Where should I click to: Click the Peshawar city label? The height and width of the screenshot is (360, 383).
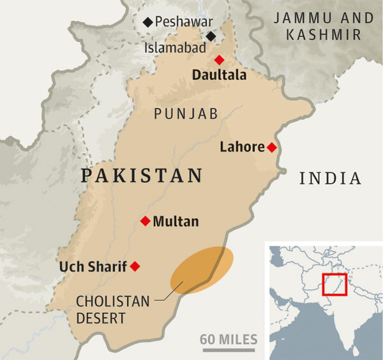click(186, 22)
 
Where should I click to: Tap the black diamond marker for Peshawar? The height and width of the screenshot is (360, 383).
click(149, 22)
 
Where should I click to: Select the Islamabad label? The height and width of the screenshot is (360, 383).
click(175, 47)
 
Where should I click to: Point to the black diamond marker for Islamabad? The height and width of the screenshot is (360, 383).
click(211, 36)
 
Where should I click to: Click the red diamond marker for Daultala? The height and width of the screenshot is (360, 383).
click(220, 60)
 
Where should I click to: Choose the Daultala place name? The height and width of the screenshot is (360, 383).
click(219, 75)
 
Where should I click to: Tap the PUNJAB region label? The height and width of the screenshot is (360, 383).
click(184, 114)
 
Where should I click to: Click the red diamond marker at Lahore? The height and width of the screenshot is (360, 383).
click(271, 147)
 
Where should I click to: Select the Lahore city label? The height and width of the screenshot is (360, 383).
click(241, 147)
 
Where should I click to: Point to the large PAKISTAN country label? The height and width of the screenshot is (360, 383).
click(142, 175)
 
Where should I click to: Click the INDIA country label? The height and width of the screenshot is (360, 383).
click(330, 178)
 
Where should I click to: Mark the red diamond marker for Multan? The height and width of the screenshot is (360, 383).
click(145, 221)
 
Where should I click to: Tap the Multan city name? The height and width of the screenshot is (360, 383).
click(176, 222)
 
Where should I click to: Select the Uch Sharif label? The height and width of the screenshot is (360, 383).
click(93, 266)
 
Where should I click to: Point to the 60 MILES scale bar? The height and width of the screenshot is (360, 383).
click(228, 345)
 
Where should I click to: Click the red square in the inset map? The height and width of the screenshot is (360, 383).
click(334, 284)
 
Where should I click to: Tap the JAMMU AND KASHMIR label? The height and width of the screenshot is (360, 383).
click(323, 26)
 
